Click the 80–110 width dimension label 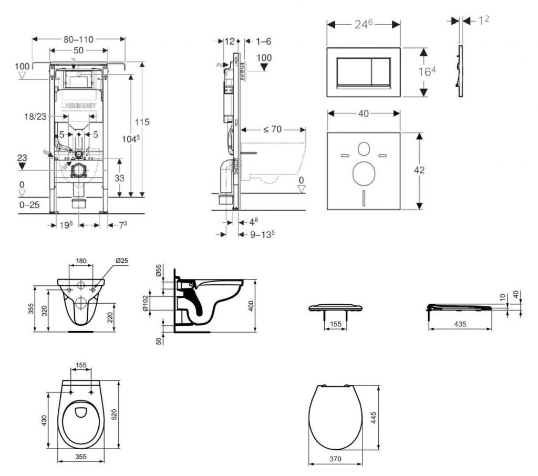point(79,39)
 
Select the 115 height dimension point(142,122)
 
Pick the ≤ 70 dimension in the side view point(269,129)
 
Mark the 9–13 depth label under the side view point(263,234)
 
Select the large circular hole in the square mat point(363,173)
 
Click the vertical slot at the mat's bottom point(363,199)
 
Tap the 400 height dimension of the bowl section point(251,306)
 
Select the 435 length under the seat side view point(460,324)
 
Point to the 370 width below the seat point(336,459)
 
